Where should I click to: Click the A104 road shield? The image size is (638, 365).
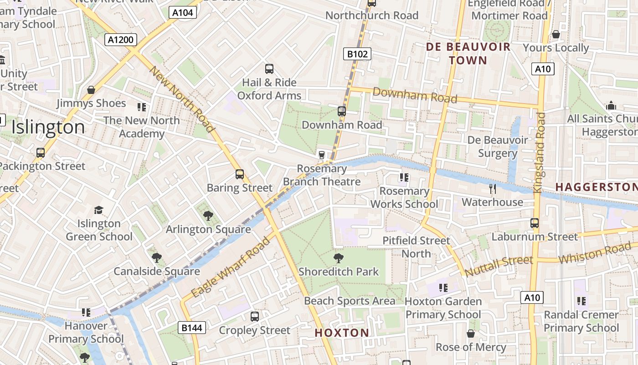click(183, 12)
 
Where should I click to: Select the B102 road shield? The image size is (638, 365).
click(357, 54)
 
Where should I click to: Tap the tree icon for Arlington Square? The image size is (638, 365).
click(208, 216)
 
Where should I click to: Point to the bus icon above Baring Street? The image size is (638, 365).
click(240, 174)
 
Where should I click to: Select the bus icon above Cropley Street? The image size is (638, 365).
click(255, 316)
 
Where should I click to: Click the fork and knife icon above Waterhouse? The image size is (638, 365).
click(492, 188)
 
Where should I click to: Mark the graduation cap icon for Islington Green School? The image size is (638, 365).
click(98, 210)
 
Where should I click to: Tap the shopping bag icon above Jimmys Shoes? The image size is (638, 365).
click(91, 90)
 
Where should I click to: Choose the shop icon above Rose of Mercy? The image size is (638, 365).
click(471, 334)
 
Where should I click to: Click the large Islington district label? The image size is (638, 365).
click(48, 127)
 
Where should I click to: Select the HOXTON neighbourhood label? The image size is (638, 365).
click(342, 333)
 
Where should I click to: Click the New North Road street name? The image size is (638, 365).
click(182, 99)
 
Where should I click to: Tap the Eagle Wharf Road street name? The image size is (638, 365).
click(231, 267)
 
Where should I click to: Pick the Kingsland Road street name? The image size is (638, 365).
click(539, 153)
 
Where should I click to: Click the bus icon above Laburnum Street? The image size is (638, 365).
click(535, 223)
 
